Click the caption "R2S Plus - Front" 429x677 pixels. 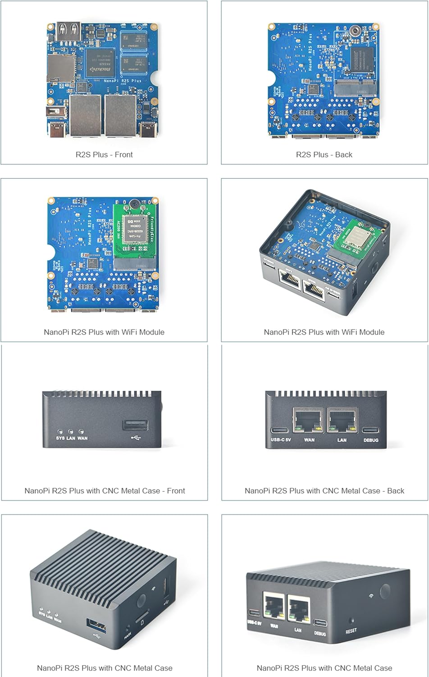(104, 155)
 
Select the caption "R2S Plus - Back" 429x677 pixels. (324, 155)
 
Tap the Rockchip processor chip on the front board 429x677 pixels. (100, 62)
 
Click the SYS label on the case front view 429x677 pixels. (60, 438)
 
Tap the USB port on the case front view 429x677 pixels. (135, 425)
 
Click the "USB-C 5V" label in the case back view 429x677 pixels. (281, 440)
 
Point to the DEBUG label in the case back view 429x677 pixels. (371, 440)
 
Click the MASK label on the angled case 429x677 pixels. (128, 635)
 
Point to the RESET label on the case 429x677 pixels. (351, 631)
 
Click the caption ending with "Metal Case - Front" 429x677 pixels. (105, 491)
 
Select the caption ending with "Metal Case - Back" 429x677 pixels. (324, 491)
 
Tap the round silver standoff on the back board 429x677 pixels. (356, 31)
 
